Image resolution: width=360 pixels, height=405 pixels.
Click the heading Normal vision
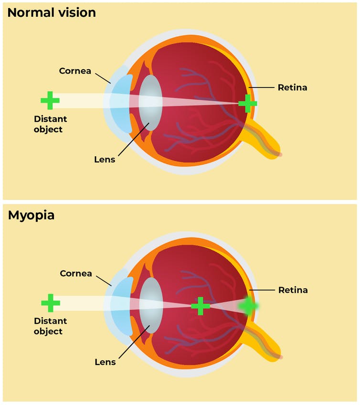tap(52, 13)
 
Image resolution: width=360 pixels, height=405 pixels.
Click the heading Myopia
tap(31, 215)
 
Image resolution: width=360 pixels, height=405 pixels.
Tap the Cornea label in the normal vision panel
tap(75, 71)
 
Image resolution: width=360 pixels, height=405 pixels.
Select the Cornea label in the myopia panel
tap(76, 273)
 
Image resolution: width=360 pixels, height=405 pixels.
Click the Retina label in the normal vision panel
tap(292, 87)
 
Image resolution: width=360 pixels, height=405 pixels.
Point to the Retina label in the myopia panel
tap(293, 290)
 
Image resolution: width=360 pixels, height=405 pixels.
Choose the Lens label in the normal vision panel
tap(105, 159)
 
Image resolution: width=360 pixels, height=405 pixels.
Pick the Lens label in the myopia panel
tap(105, 362)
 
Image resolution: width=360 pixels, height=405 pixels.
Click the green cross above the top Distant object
tap(50, 101)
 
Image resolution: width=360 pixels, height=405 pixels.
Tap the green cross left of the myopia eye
tap(51, 303)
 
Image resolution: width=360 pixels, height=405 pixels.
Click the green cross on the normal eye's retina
tap(247, 103)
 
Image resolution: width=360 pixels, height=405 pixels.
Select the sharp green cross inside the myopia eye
tap(201, 306)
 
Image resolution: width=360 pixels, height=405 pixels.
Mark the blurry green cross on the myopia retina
tap(249, 306)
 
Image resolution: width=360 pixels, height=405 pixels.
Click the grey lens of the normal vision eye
tap(151, 103)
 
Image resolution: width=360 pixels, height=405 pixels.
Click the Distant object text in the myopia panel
tap(50, 326)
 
